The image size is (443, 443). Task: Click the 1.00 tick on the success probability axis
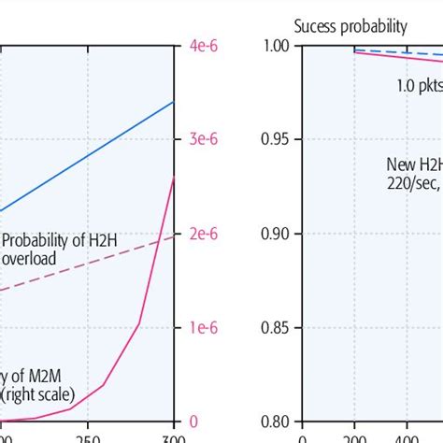pyautogui.click(x=277, y=45)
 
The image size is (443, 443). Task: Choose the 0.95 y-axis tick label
pyautogui.click(x=277, y=139)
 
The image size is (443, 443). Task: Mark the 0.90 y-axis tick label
pyautogui.click(x=277, y=234)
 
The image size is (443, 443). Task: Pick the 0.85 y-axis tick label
pyautogui.click(x=277, y=328)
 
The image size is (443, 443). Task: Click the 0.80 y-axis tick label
pyautogui.click(x=277, y=422)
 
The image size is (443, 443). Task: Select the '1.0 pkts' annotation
pyautogui.click(x=417, y=85)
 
